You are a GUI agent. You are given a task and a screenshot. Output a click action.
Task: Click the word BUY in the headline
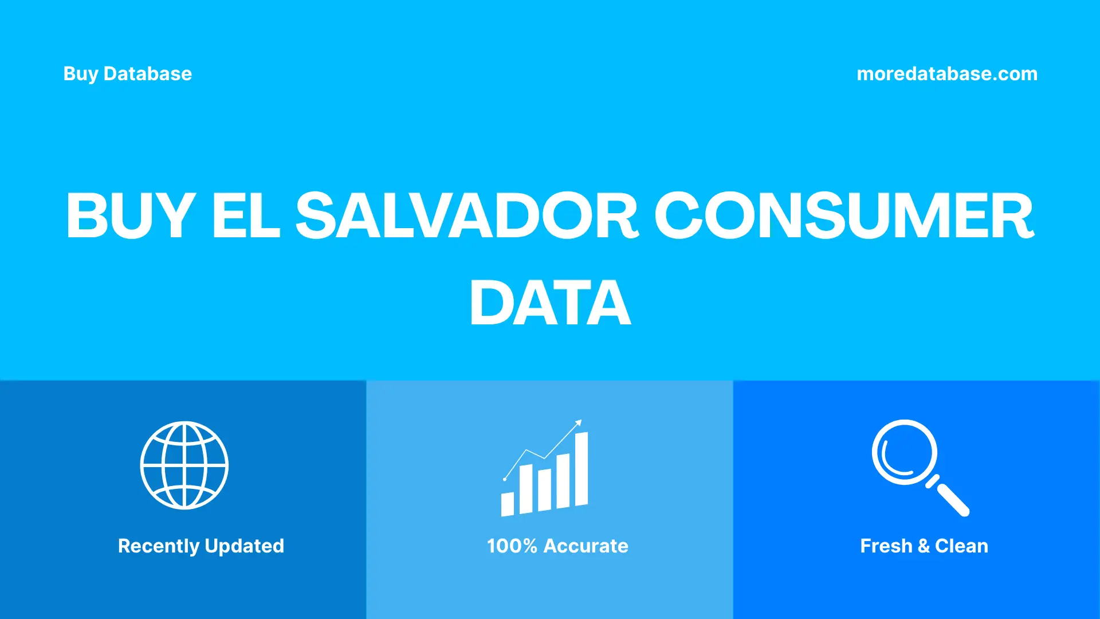[x=131, y=216]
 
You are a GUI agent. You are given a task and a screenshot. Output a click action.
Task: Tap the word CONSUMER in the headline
[x=844, y=216]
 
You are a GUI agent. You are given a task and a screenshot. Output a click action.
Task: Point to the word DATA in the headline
[x=550, y=303]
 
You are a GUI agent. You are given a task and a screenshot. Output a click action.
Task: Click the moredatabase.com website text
[x=946, y=74]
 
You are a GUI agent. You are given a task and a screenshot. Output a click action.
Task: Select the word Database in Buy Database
[x=148, y=74]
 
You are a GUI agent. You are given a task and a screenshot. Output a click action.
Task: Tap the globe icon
[x=184, y=465]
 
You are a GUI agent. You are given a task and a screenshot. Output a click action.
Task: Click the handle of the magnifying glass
[x=952, y=500]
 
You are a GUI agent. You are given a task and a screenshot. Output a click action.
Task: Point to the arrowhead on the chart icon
[x=579, y=423]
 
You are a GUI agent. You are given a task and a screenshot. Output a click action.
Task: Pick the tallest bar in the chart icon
[x=581, y=469]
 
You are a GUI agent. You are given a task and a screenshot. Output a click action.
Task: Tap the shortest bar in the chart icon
[x=508, y=504]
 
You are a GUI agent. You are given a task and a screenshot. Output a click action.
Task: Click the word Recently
[x=158, y=546]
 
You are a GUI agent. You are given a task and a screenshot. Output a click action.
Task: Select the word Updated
[x=244, y=546]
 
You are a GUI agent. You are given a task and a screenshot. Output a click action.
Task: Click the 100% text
[x=512, y=546]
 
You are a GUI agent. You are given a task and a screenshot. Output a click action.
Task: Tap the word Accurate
[x=586, y=546]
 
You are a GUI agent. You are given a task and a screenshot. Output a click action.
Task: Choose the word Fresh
[x=886, y=546]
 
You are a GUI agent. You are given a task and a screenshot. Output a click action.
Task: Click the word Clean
[x=961, y=546]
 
